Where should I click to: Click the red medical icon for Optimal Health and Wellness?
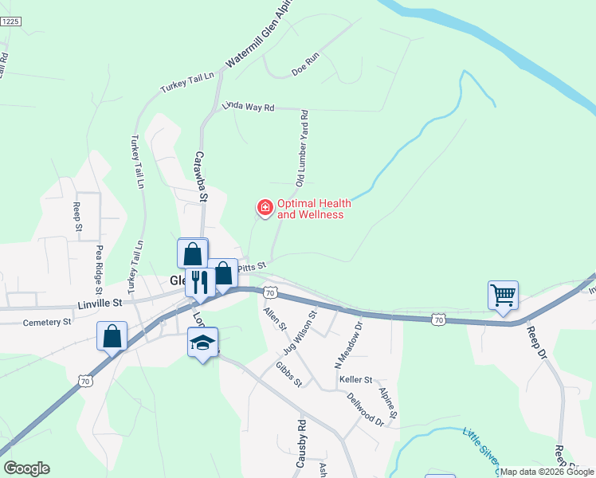tap(265, 209)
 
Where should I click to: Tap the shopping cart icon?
tap(503, 296)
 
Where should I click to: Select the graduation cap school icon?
tap(202, 343)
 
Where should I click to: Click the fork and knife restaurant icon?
tap(200, 281)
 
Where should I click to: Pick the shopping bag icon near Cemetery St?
tap(112, 335)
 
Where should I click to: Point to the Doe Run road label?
tap(305, 69)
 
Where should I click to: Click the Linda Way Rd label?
tap(248, 106)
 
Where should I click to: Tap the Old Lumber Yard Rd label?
tap(302, 149)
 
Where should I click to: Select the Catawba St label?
tap(201, 176)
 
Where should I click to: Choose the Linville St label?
tap(100, 303)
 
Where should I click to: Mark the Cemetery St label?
tap(47, 322)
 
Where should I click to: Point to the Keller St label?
tap(356, 380)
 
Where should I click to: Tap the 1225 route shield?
tap(10, 22)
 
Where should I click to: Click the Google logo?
tap(26, 468)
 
